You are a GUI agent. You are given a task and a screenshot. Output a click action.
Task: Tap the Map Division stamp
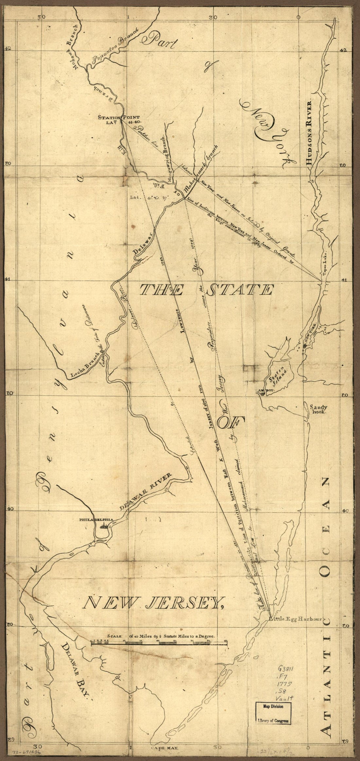(272, 732)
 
